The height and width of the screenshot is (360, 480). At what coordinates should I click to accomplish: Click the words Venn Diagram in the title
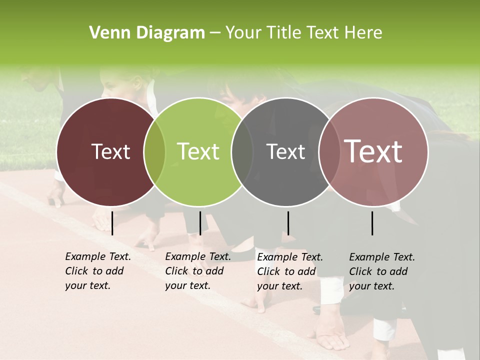click(147, 33)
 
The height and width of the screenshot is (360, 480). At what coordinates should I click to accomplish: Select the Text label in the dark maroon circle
click(110, 151)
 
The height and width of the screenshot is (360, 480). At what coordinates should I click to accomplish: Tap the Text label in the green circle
click(198, 151)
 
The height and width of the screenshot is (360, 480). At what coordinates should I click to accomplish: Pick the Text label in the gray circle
click(285, 151)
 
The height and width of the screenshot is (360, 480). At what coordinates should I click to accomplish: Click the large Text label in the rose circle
click(373, 151)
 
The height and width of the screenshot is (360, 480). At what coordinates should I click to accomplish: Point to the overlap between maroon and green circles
click(154, 151)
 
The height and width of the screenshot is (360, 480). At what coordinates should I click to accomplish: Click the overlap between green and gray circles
click(242, 151)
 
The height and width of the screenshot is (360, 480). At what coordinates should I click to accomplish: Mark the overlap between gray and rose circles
click(328, 151)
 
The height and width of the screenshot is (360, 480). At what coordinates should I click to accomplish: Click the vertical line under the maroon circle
click(112, 223)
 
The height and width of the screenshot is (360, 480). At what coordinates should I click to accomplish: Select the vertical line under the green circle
click(200, 223)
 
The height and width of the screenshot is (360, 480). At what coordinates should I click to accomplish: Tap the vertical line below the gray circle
click(288, 223)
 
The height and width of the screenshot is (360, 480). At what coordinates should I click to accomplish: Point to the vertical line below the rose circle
click(372, 223)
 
